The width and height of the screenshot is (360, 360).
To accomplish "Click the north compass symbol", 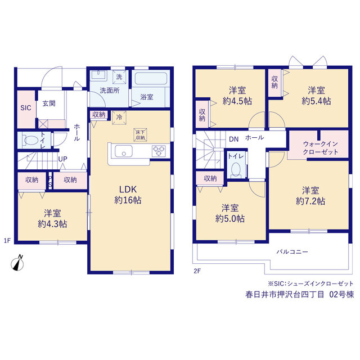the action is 17,264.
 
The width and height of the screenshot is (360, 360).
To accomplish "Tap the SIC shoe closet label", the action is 26,108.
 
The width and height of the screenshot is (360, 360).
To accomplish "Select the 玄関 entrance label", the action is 49,103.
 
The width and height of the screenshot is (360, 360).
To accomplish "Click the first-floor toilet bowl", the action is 30,140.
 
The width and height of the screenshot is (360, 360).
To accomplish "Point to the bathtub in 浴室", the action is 151,79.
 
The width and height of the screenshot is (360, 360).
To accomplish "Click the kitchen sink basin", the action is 124,151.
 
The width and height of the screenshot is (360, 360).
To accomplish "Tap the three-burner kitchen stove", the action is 159,151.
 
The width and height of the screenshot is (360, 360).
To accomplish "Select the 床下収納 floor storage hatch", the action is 140,135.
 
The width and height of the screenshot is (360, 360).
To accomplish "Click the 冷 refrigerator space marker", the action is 119,118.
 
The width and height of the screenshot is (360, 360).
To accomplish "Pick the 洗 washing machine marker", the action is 119,77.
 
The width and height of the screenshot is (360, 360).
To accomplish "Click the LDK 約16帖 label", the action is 128,195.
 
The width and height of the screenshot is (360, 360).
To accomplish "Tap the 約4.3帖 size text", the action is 52,224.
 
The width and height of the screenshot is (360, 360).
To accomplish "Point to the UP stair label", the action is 62,159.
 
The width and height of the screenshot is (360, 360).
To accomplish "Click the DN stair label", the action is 234,139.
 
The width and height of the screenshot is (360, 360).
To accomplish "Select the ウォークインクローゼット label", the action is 321,148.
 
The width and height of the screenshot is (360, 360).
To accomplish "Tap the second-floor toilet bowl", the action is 236,170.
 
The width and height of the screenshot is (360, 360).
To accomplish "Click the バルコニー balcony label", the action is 292,252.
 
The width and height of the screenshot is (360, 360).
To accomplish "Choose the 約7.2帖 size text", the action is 310,201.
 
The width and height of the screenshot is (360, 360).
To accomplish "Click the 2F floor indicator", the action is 197,271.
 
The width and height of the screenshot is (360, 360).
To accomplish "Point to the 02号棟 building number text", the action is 341,295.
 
